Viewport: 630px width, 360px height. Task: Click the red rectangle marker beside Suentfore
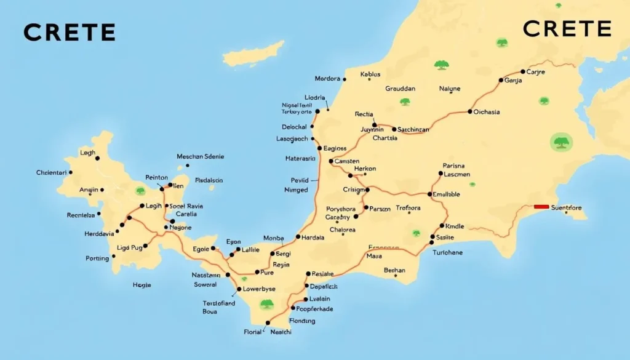pyautogui.click(x=541, y=207)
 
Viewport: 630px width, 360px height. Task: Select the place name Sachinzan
pyautogui.click(x=413, y=130)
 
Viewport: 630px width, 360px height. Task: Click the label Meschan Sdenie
pyautogui.click(x=201, y=157)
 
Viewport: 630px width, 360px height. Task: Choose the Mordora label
pyautogui.click(x=327, y=79)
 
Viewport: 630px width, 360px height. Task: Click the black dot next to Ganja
pyautogui.click(x=500, y=80)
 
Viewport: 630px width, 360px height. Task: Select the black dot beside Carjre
pyautogui.click(x=523, y=72)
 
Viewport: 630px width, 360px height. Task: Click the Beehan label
pyautogui.click(x=394, y=270)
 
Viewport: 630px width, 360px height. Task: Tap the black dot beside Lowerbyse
pyautogui.click(x=239, y=289)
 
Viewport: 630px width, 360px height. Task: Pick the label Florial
pyautogui.click(x=252, y=332)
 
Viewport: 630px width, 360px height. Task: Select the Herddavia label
pyautogui.click(x=99, y=234)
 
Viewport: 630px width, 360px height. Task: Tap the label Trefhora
pyautogui.click(x=408, y=208)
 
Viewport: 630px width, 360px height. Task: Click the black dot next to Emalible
pyautogui.click(x=429, y=194)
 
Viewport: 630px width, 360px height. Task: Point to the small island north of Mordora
pyautogui.click(x=253, y=54)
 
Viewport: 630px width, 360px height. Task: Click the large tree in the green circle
pyautogui.click(x=560, y=143)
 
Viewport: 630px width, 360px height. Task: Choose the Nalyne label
pyautogui.click(x=450, y=89)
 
